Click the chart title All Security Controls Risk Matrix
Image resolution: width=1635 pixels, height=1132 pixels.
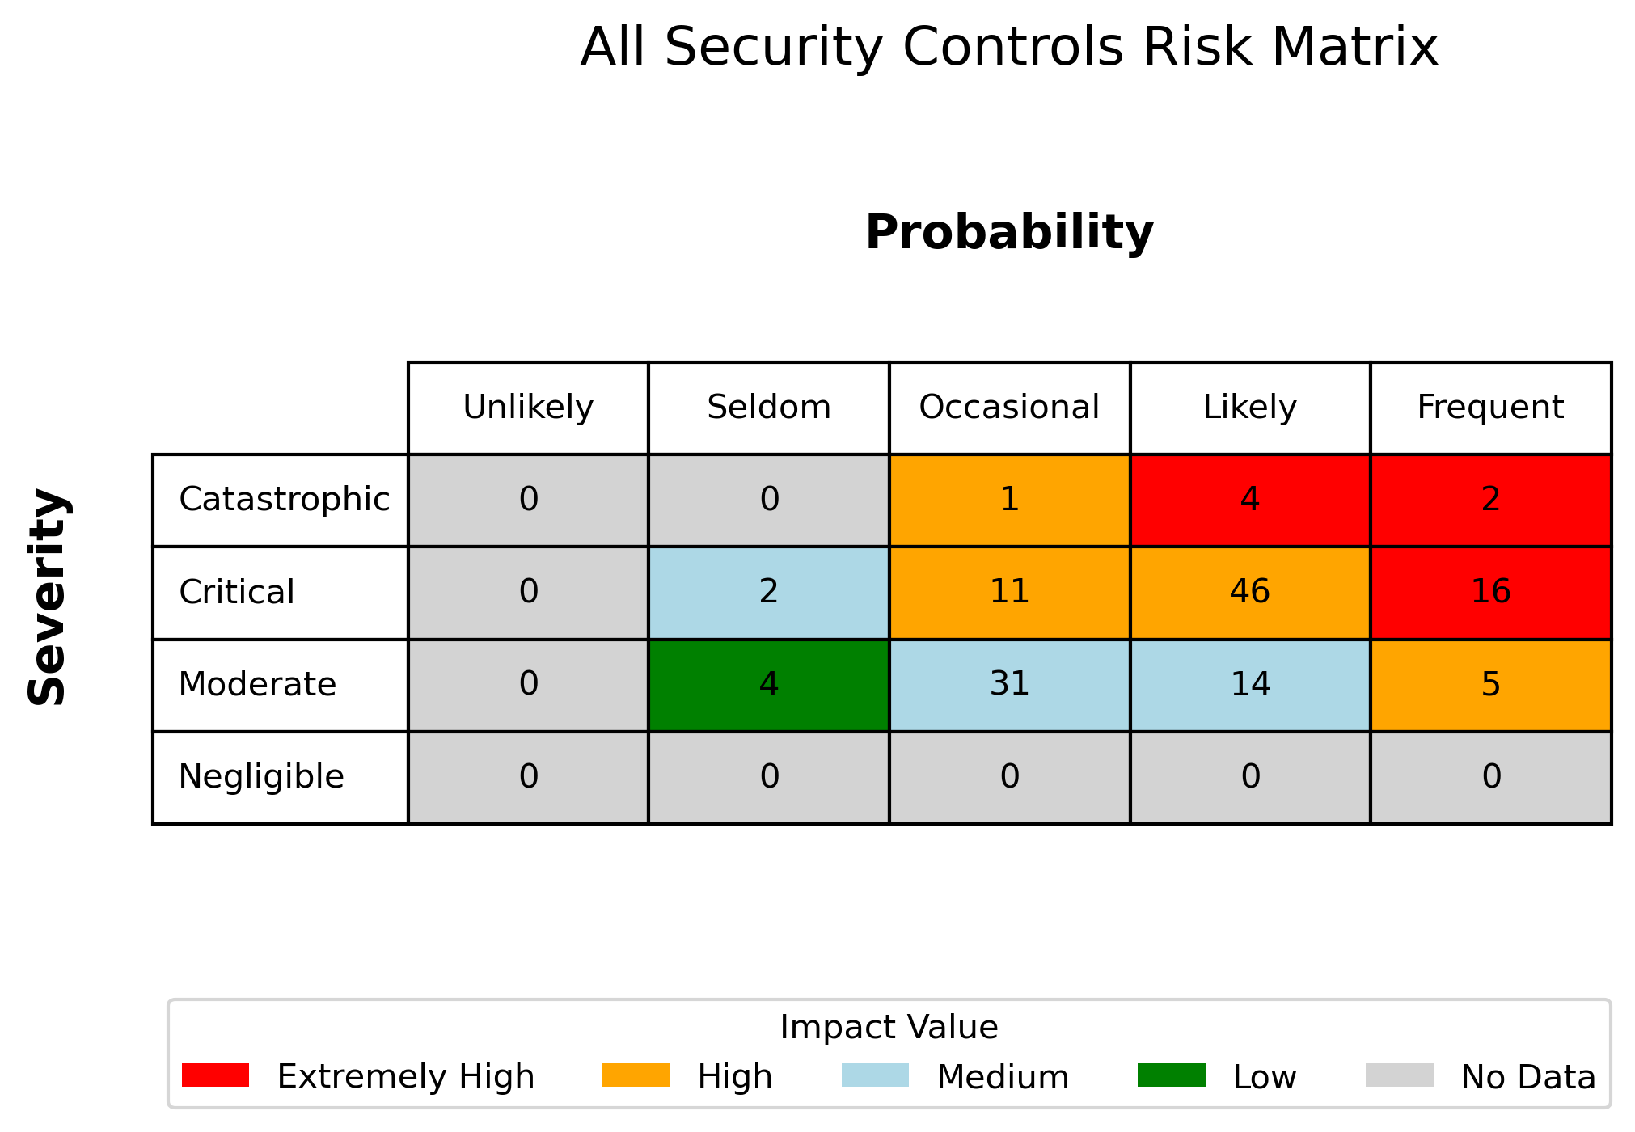click(1009, 47)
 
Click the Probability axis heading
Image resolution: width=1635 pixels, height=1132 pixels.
click(1009, 233)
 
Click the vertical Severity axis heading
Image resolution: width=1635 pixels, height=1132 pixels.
click(48, 597)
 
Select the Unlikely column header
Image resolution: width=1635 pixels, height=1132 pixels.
click(528, 408)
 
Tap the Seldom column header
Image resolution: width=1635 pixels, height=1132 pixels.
click(769, 408)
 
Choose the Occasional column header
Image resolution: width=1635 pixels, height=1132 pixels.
click(1009, 408)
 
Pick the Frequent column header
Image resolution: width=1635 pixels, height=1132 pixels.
click(1491, 408)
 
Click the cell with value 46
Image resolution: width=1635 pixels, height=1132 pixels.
click(1250, 593)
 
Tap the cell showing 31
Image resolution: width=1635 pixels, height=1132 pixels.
click(1009, 685)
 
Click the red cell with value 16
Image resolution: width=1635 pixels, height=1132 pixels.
click(1491, 593)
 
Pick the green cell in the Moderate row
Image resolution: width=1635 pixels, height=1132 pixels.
click(769, 685)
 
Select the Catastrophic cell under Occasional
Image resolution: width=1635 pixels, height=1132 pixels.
click(1009, 501)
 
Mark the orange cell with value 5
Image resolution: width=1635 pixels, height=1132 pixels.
click(1491, 685)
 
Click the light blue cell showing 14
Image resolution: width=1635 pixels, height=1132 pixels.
click(1250, 685)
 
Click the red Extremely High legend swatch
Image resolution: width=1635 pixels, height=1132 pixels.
click(216, 1075)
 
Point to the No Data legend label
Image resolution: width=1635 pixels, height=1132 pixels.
click(1528, 1077)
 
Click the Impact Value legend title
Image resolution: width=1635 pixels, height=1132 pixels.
click(889, 1028)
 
